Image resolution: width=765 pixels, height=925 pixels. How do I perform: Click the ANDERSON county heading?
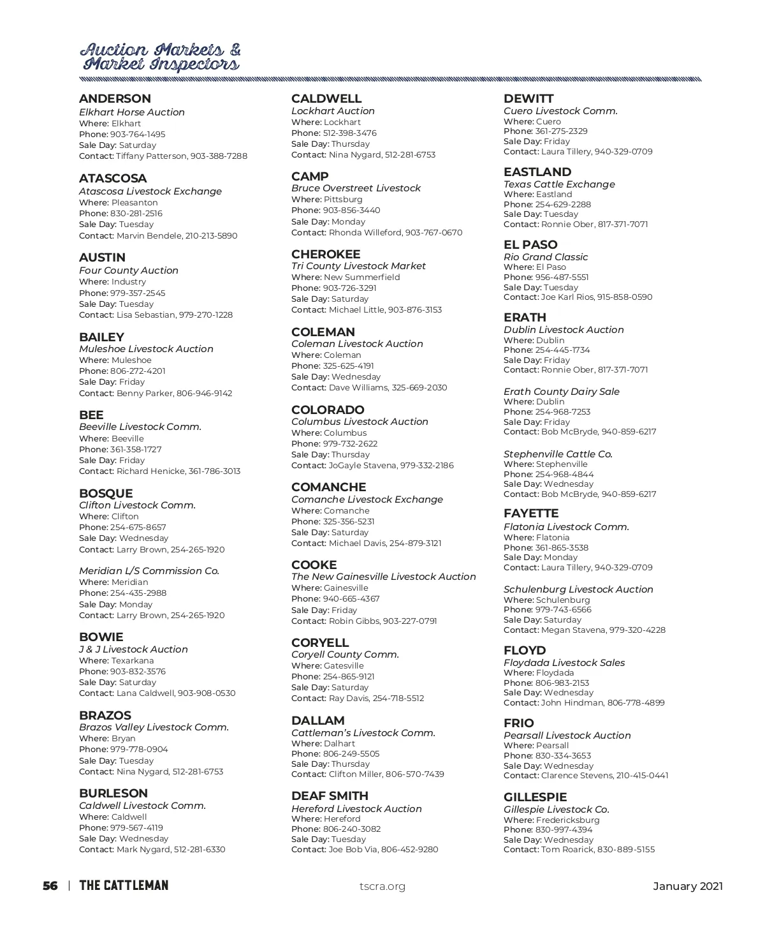coord(115,99)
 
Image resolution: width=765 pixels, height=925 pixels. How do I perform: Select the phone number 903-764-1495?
coord(138,135)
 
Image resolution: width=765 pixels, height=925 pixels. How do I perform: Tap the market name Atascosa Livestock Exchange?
coord(150,191)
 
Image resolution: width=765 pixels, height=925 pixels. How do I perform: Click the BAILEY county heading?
coord(101,337)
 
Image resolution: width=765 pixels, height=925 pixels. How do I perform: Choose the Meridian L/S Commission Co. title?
coord(149,571)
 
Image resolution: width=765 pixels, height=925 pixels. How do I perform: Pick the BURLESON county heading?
coord(113,794)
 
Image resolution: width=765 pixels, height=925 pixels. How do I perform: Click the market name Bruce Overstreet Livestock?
coord(356,188)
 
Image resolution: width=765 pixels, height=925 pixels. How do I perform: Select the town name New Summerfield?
coord(362,277)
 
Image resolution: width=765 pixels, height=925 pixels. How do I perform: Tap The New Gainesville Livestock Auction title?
coord(383,577)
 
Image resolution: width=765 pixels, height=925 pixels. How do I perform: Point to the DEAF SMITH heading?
coord(330,796)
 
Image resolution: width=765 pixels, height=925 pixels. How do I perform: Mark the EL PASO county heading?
coord(530,245)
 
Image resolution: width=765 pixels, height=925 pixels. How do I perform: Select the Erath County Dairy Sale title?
coord(561,392)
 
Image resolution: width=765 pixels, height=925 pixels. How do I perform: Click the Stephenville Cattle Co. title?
coord(558,454)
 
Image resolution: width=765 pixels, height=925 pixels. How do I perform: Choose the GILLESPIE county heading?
coord(535,797)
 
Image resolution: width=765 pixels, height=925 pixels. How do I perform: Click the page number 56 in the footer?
coord(50,885)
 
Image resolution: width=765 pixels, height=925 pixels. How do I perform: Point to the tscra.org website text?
coord(382,886)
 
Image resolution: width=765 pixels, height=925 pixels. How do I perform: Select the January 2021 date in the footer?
coord(688,886)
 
